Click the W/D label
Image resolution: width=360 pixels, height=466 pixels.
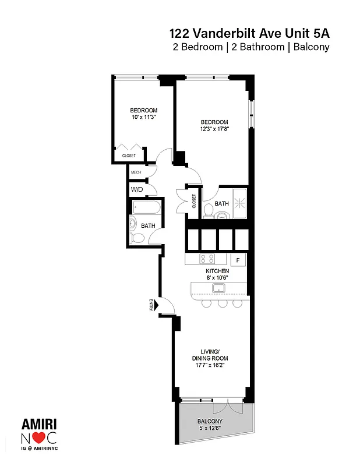click(x=136, y=190)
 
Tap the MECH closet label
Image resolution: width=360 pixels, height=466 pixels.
click(x=136, y=172)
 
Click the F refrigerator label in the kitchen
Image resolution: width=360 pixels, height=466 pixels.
click(x=237, y=259)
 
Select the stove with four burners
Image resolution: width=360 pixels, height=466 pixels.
click(x=207, y=259)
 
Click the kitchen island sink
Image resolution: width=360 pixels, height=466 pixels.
click(x=219, y=288)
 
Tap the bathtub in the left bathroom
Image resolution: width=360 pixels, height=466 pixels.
click(x=146, y=207)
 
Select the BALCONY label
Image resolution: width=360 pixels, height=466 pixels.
click(x=209, y=421)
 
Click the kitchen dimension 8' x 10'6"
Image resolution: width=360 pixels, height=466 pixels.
click(x=217, y=278)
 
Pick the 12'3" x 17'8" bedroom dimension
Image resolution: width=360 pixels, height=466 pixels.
click(x=214, y=129)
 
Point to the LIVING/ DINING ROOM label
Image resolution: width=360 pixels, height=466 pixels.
click(x=210, y=355)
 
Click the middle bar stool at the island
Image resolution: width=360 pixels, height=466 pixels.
click(x=222, y=303)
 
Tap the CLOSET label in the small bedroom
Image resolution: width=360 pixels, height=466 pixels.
click(x=129, y=156)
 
